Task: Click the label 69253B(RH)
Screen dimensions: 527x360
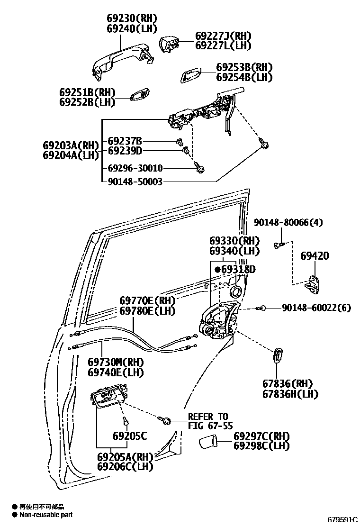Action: [x=244, y=68]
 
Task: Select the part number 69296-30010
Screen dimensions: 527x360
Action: [x=135, y=168]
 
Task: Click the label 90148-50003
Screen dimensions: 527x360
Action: [x=135, y=182]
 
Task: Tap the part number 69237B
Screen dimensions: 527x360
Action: [x=125, y=141]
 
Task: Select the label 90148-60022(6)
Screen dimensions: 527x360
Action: [x=316, y=308]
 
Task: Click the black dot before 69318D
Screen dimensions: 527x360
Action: [x=217, y=269]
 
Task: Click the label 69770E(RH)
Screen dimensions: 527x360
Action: [x=147, y=301]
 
